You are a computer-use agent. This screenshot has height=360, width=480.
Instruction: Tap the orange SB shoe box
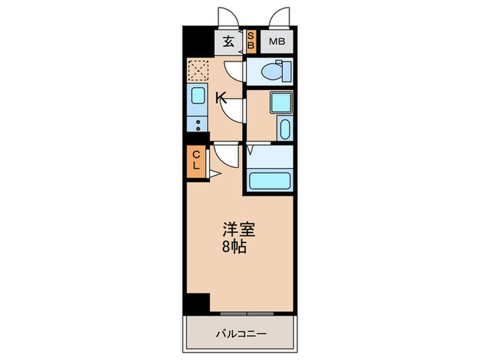[251, 41]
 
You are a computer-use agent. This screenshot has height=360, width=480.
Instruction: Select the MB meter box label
[276, 43]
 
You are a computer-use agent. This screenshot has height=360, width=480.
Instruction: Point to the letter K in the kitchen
[221, 98]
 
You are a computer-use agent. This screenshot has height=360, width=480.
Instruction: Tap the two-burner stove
[197, 125]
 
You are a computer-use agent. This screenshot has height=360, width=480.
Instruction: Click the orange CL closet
[196, 162]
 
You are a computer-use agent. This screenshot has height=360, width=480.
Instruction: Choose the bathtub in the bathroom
[270, 182]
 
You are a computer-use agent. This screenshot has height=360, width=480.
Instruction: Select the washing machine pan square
[280, 102]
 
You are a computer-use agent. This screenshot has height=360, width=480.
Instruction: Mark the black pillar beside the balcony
[197, 302]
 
